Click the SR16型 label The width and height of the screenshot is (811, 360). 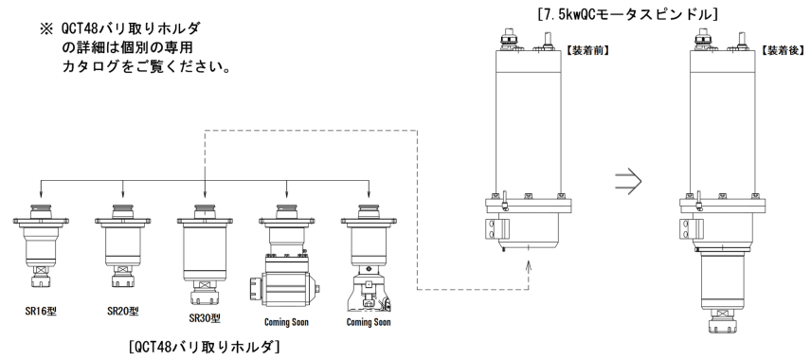click(41, 312)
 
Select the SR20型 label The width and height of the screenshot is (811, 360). click(123, 312)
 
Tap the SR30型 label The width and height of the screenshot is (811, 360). click(205, 318)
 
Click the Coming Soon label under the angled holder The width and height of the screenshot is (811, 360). click(286, 322)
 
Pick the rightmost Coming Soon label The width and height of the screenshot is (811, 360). click(369, 322)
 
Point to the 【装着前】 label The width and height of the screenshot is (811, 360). click(587, 51)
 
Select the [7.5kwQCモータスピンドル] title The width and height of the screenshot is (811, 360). click(627, 14)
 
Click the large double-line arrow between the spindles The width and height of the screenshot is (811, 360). click(628, 182)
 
